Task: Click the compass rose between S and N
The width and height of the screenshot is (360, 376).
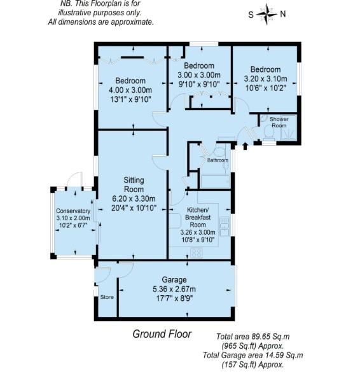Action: pyautogui.click(x=267, y=13)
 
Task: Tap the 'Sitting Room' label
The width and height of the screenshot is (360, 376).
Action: pyautogui.click(x=134, y=185)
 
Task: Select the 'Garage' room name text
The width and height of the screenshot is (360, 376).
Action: pyautogui.click(x=174, y=280)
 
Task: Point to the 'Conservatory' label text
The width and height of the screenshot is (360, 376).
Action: pyautogui.click(x=73, y=211)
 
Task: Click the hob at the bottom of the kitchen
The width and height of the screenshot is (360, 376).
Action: pyautogui.click(x=197, y=253)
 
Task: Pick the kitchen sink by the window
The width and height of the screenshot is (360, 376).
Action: pyautogui.click(x=224, y=225)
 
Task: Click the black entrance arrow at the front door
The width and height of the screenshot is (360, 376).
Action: pyautogui.click(x=245, y=148)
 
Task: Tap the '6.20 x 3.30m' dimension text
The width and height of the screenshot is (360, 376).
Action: pyautogui.click(x=134, y=198)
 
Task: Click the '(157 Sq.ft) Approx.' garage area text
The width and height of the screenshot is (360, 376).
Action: pyautogui.click(x=252, y=365)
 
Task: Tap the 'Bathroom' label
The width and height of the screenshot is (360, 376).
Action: pyautogui.click(x=218, y=160)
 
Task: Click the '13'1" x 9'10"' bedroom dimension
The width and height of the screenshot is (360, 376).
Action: pyautogui.click(x=130, y=99)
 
